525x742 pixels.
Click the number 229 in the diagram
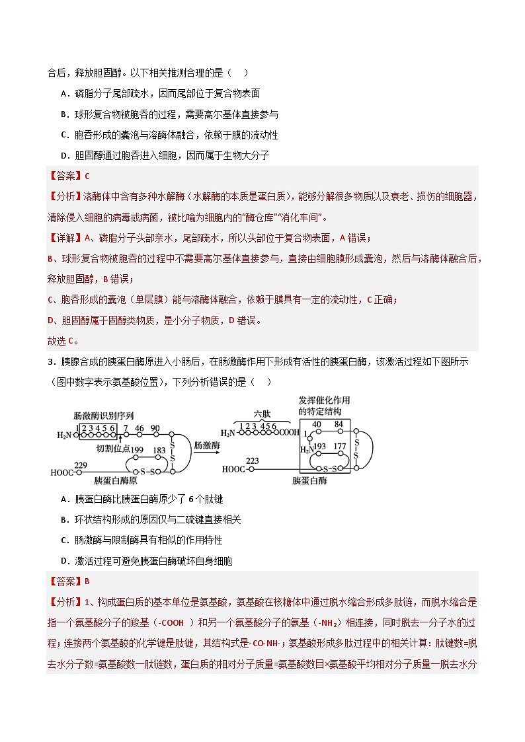81,465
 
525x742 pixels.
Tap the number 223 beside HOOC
253,461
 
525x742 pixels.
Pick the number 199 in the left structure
138,450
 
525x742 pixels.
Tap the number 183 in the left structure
159,450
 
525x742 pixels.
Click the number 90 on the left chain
155,428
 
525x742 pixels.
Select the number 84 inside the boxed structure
338,424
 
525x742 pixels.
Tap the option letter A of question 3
64,500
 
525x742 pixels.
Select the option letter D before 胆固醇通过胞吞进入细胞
64,155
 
